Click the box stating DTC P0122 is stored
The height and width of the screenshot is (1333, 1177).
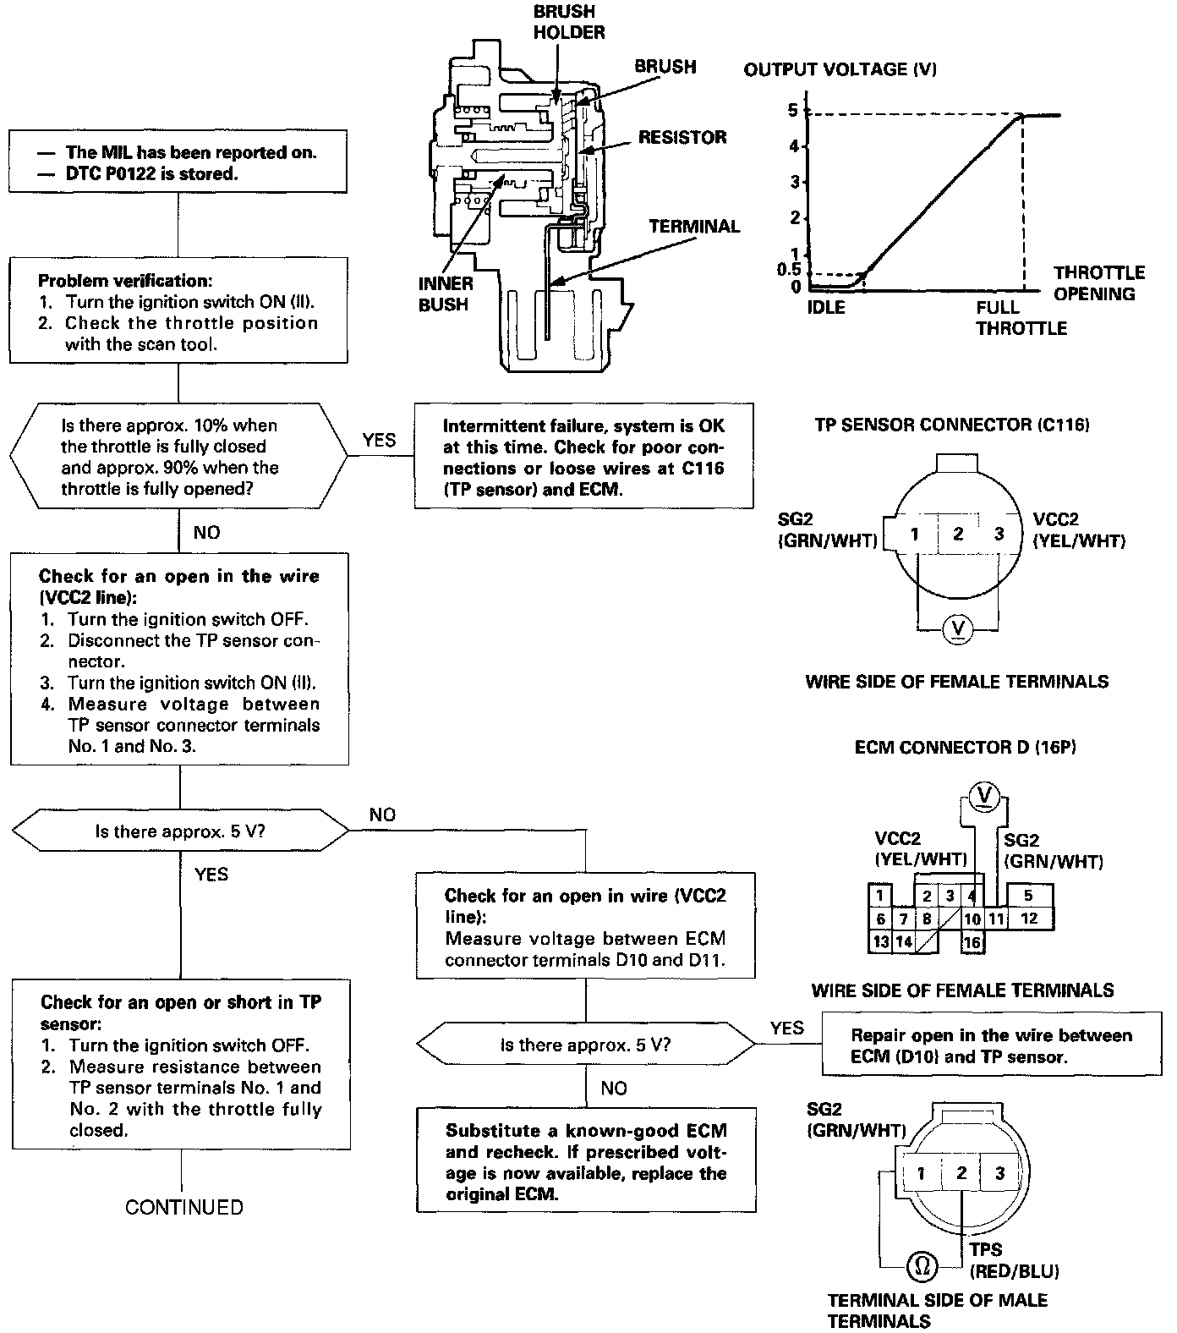click(x=178, y=163)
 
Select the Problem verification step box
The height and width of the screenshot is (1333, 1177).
click(x=178, y=312)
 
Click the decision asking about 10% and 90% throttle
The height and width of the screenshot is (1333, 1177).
click(x=178, y=457)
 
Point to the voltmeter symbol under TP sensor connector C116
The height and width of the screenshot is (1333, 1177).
click(x=957, y=628)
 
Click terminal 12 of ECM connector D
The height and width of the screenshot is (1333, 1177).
click(x=1028, y=919)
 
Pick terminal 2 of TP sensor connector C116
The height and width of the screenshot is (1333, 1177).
click(x=958, y=534)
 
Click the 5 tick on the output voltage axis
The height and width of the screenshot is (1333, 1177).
click(x=793, y=110)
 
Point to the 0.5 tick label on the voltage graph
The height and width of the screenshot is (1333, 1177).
click(x=788, y=270)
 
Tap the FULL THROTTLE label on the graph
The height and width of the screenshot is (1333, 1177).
click(x=1021, y=318)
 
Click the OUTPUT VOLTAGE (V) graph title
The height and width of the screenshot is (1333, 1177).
click(x=840, y=69)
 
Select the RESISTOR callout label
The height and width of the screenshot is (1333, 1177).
click(x=682, y=137)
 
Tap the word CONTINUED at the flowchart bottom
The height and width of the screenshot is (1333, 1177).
click(x=183, y=1207)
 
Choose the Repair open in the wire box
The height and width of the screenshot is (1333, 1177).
click(x=991, y=1045)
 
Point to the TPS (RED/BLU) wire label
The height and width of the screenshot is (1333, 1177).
click(x=1014, y=1260)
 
